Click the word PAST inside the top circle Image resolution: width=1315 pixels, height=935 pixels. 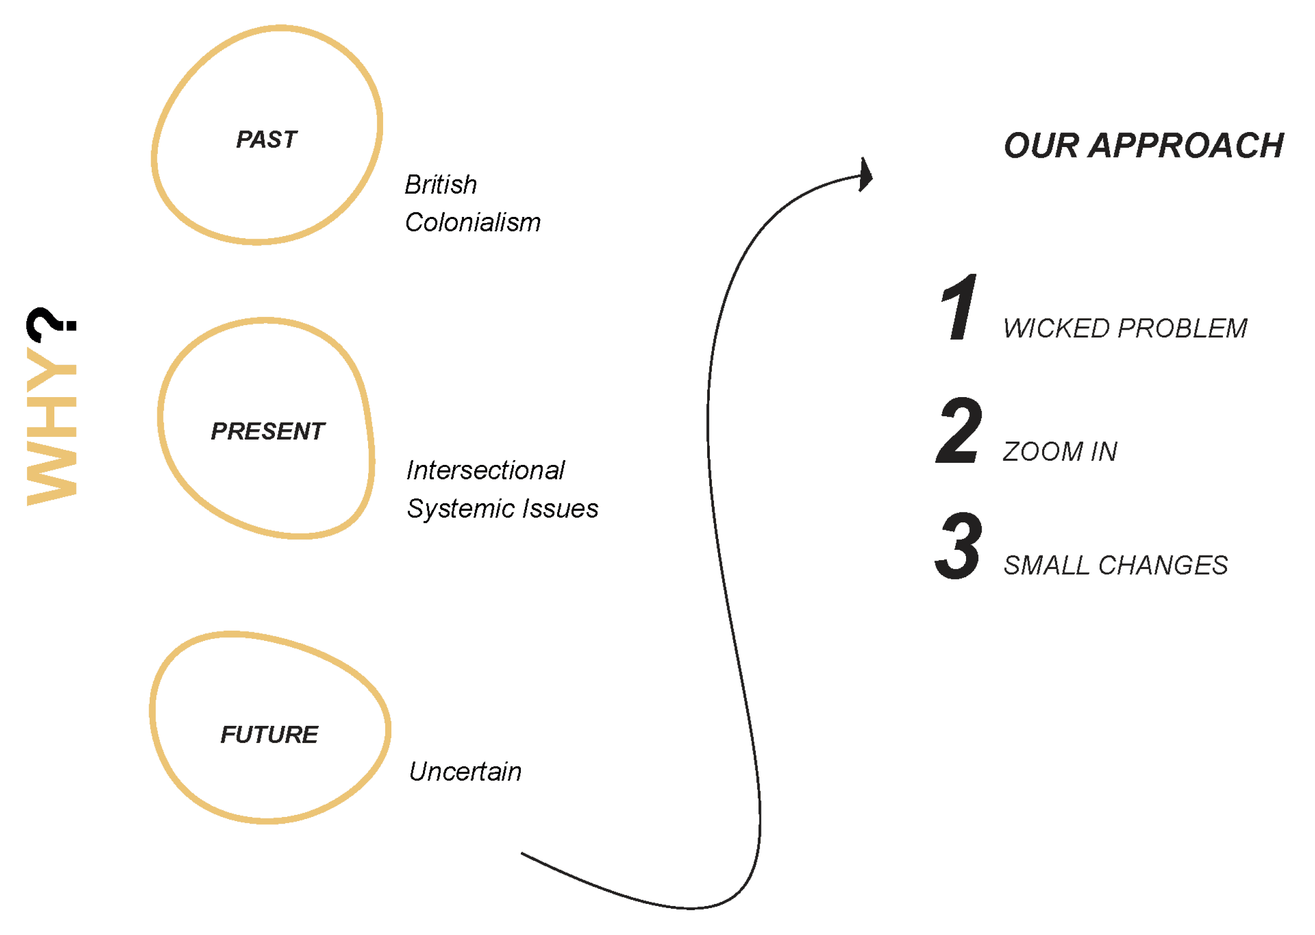click(x=267, y=140)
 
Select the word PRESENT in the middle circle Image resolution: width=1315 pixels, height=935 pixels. click(x=268, y=432)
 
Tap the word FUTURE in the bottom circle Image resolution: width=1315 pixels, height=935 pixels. click(x=269, y=735)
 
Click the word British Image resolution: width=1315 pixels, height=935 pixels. click(x=441, y=185)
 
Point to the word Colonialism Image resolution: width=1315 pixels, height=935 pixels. click(x=473, y=223)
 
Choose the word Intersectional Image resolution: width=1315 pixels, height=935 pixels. click(x=485, y=471)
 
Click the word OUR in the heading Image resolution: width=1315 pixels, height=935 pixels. click(x=1041, y=145)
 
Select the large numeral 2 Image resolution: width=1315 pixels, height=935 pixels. click(x=959, y=431)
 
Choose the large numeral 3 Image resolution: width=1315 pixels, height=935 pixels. click(x=958, y=546)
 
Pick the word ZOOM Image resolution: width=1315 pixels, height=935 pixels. click(x=1043, y=452)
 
